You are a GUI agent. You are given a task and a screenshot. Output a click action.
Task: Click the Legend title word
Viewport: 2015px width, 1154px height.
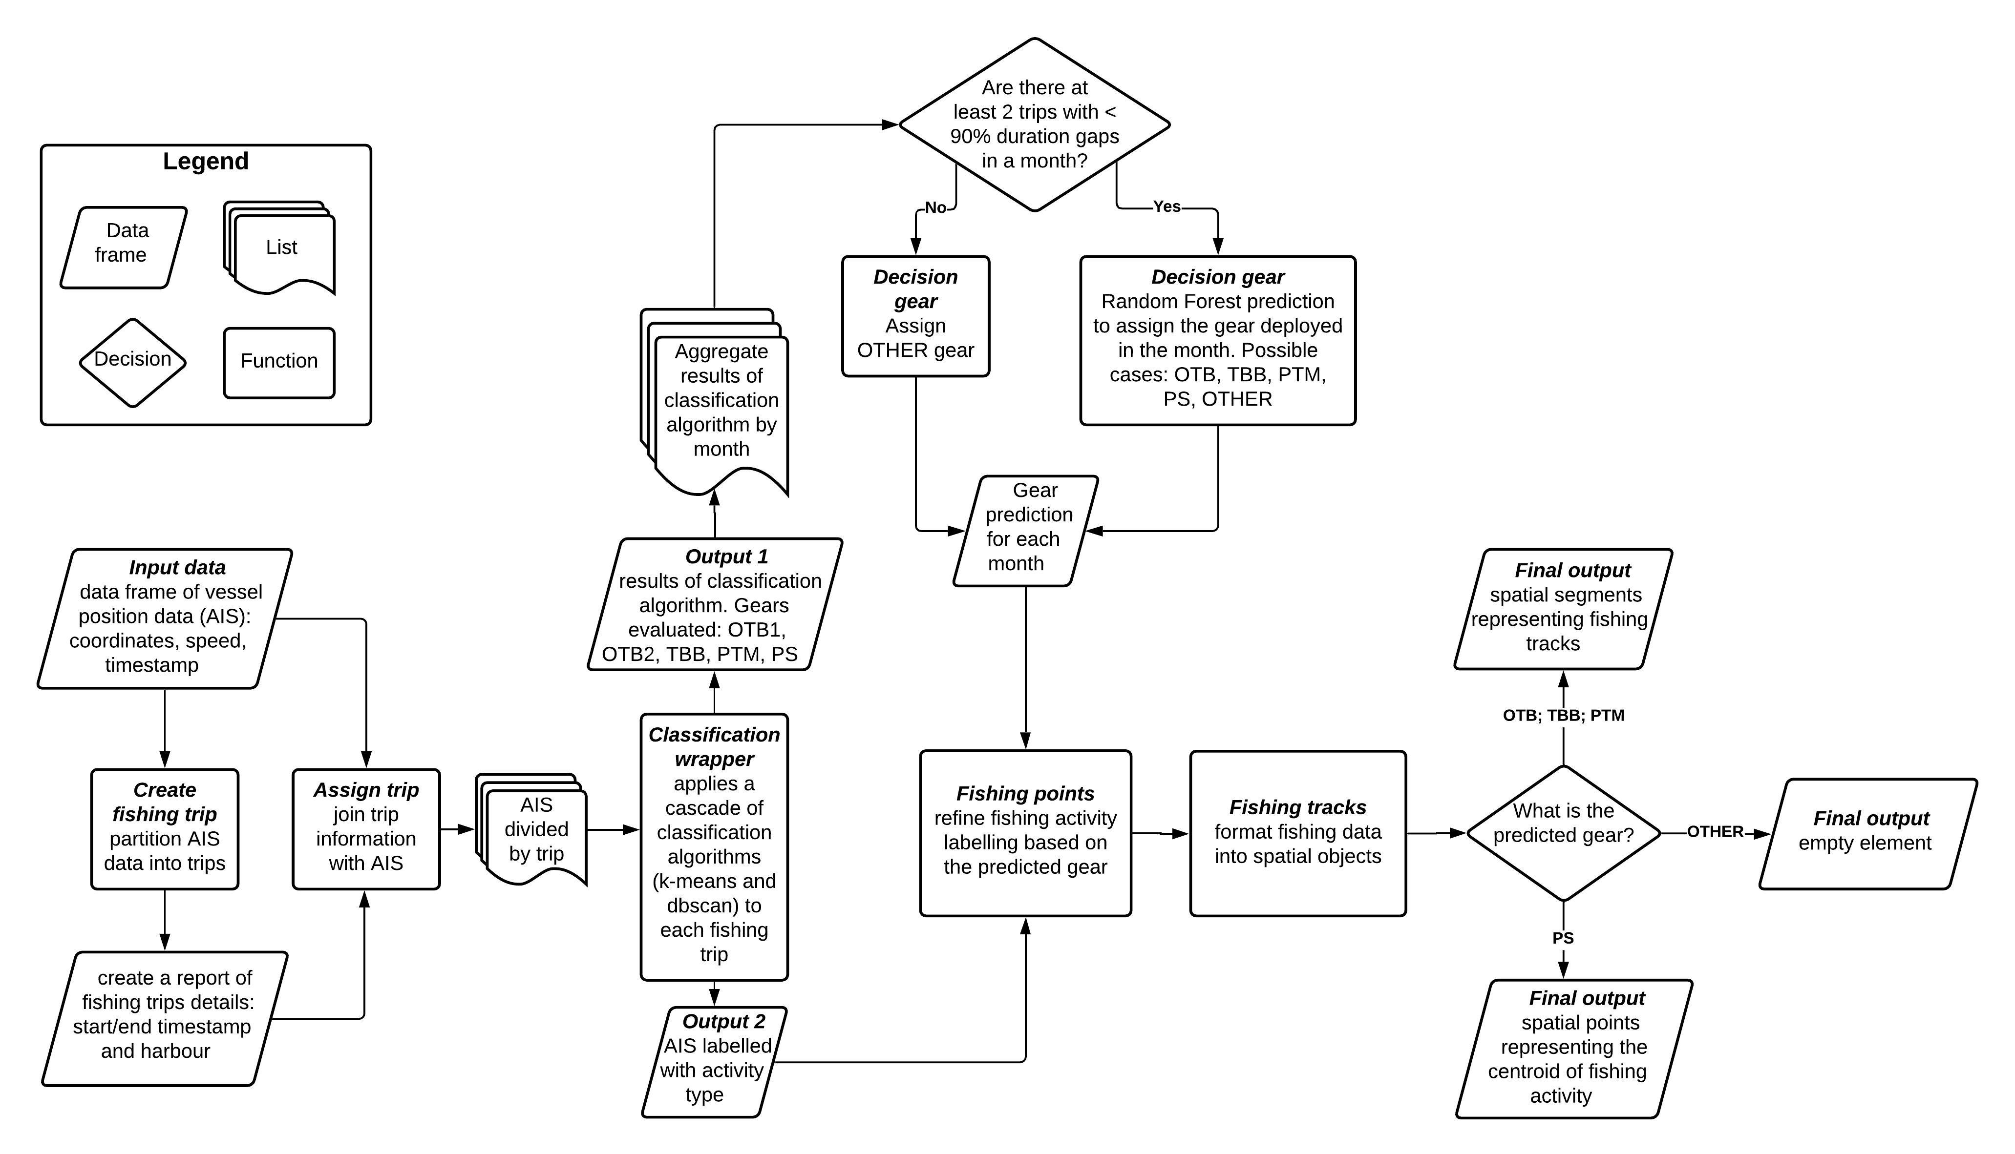(205, 161)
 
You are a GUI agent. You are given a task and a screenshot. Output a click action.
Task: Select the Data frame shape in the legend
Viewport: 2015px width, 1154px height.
(124, 247)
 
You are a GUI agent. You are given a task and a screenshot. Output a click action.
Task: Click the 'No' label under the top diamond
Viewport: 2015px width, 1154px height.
(936, 207)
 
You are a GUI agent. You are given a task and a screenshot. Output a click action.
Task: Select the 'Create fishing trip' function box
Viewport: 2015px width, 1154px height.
(165, 829)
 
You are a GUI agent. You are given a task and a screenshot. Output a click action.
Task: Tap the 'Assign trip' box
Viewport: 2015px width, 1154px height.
(366, 829)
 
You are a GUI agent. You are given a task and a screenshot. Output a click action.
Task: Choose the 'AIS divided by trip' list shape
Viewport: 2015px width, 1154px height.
(532, 829)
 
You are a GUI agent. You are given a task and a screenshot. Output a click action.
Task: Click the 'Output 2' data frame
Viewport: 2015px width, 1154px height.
(715, 1062)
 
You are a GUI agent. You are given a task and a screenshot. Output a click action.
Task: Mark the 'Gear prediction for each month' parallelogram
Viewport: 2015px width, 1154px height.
(1025, 531)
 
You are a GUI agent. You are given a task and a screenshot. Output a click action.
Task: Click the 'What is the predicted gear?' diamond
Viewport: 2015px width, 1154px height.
(1563, 833)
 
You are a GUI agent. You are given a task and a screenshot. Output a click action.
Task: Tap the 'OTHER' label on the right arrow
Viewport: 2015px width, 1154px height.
(1715, 831)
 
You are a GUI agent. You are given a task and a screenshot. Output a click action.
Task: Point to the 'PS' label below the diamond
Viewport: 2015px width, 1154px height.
(1563, 938)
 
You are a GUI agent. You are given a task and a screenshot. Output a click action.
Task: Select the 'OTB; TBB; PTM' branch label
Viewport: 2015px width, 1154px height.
(1564, 715)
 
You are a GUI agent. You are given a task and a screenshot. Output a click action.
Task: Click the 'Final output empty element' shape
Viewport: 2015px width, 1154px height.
(1868, 834)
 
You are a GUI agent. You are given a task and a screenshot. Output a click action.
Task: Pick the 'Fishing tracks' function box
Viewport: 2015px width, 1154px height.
(1298, 833)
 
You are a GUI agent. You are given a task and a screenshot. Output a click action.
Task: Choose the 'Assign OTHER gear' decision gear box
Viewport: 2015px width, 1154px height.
(916, 316)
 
